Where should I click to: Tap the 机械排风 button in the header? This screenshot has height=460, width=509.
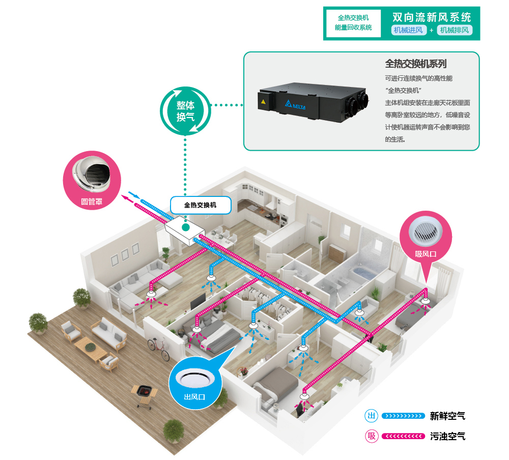455,30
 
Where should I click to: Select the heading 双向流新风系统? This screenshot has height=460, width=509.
432,16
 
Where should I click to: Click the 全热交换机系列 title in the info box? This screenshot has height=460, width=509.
416,64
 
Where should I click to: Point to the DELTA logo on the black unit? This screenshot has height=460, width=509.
299,105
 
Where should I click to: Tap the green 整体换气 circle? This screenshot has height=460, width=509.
185,111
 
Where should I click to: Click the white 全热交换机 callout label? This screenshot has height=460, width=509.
200,206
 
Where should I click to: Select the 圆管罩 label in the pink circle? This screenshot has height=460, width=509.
92,202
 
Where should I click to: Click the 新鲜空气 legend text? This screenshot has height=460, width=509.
447,416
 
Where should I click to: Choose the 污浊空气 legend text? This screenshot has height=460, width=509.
447,437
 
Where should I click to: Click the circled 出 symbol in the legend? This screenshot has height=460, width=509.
372,416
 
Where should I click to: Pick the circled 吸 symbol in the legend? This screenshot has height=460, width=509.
372,437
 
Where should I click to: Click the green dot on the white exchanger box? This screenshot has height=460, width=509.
187,227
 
